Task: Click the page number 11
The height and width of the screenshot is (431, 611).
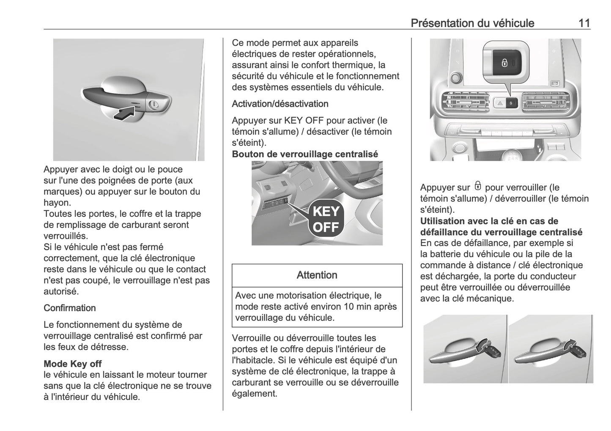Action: point(584,23)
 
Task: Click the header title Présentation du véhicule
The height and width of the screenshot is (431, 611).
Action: point(472,23)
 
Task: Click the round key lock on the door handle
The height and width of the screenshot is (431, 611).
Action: point(155,104)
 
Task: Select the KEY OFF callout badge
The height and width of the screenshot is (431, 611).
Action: point(326,219)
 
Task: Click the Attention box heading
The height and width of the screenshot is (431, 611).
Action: point(317,275)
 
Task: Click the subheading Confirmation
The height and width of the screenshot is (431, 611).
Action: point(70,308)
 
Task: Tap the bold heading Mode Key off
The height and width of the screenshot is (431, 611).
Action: point(73,364)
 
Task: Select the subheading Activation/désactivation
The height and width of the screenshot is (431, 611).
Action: point(280,104)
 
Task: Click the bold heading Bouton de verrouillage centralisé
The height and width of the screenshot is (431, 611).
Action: point(305,154)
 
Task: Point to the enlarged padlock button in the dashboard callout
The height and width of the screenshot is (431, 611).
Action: point(505,63)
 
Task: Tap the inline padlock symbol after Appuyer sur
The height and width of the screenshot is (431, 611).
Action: point(478,186)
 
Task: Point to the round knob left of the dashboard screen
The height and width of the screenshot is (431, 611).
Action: point(455,77)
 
